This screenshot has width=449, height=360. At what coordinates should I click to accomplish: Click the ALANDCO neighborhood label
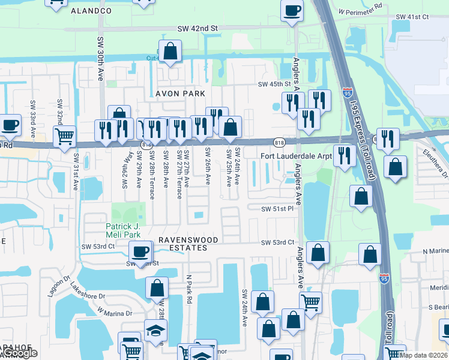coord(91,11)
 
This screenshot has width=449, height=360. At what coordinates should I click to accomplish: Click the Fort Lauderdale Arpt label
coord(295,157)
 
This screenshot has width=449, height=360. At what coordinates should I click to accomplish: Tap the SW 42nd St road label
coord(197,28)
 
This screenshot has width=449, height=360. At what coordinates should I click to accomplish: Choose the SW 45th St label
coord(274,85)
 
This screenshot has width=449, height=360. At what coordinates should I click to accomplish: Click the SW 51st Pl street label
coord(277,208)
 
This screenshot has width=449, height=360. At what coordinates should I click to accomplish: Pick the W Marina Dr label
coord(115,313)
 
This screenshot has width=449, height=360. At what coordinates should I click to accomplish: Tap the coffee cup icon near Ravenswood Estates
coord(140,251)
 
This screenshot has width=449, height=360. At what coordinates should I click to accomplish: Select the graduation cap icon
coord(155,330)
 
